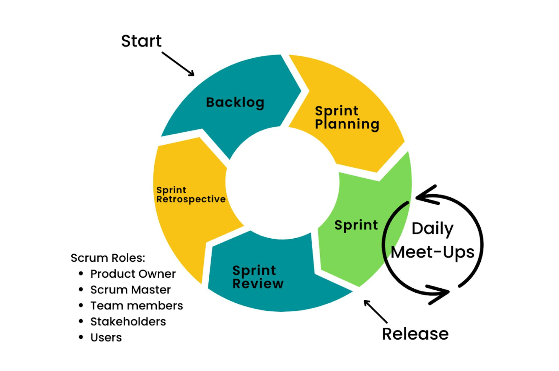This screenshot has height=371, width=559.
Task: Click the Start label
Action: pos(141,41)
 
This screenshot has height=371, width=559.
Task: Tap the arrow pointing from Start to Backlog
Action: pos(178,64)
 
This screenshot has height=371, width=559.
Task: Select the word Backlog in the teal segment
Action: pos(235,102)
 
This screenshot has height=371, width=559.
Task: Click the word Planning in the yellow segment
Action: pos(347,124)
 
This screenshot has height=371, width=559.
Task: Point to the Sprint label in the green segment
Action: pos(356,225)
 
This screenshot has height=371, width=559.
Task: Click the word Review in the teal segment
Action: pos(258,284)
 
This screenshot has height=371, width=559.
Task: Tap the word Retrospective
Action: pos(191,200)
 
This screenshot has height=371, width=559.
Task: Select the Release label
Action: pos(415,334)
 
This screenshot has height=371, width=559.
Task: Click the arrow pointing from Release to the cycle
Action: pos(376,312)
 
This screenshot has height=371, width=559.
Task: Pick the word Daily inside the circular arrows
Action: pos(432,229)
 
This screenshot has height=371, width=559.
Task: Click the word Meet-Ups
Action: pos(432,252)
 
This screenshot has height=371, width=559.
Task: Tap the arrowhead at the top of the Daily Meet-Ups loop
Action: pos(424,196)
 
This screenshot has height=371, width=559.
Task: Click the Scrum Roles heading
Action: pos(108,258)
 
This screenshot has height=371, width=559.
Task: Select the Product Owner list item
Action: pos(133,274)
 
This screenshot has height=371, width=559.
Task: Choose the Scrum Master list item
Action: pos(130,290)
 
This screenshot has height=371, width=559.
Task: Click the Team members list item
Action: pos(137,306)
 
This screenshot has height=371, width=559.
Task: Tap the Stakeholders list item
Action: pos(128,322)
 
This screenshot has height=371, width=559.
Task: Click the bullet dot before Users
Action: pos(81,338)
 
